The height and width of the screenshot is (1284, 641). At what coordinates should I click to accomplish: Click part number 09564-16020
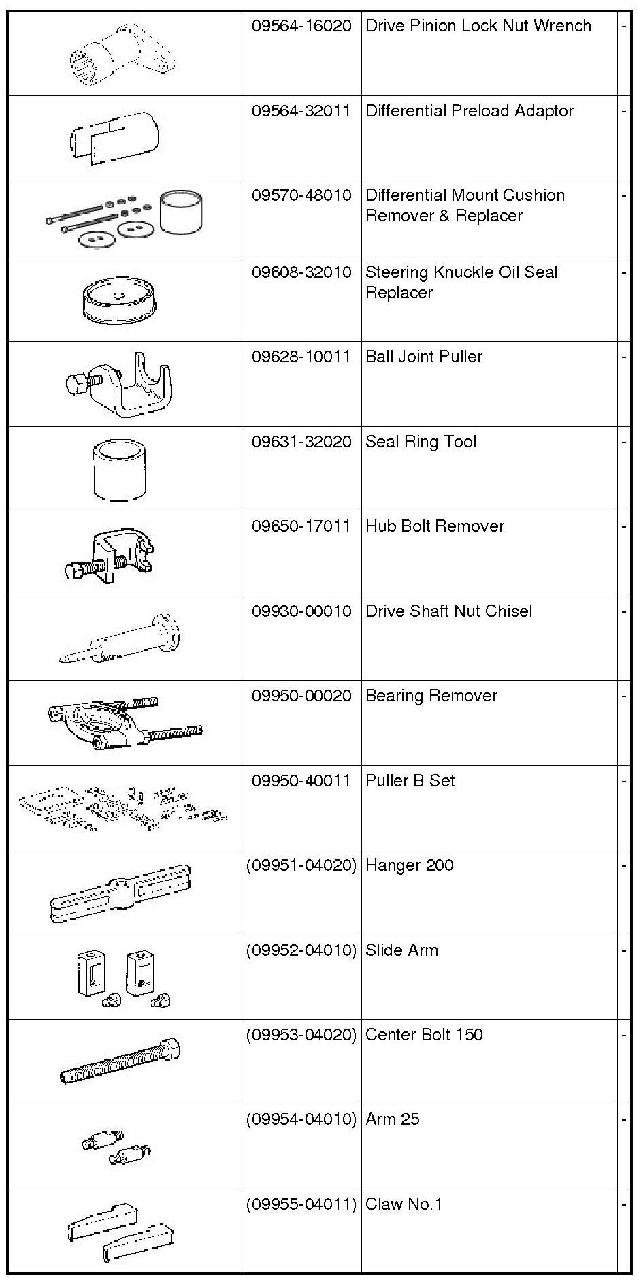coord(301,27)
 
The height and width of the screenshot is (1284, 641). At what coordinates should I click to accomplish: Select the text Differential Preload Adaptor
coord(469,111)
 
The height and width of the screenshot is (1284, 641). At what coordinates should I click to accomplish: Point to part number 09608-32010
coord(301,273)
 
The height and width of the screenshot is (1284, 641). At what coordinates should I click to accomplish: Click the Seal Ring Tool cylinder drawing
coord(119,470)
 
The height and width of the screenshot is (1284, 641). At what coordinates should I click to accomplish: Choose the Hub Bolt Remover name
coord(434,526)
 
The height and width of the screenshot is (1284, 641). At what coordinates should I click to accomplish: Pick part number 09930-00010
coord(301,611)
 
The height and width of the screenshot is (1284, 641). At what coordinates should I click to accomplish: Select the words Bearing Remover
coord(431,696)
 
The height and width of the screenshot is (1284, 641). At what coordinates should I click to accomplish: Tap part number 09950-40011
coord(301,781)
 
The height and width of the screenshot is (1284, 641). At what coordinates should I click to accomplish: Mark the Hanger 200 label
coord(409,865)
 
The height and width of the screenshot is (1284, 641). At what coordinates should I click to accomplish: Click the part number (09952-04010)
coord(301,950)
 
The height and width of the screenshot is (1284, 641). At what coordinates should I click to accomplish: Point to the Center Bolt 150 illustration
coord(120,1062)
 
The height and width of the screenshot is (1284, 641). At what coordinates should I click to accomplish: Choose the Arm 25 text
coord(392,1119)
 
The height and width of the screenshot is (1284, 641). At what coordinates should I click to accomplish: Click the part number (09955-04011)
coord(301,1204)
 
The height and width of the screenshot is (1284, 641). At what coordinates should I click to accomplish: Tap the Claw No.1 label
coord(404,1204)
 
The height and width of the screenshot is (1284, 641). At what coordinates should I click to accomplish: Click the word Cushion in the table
coord(535,195)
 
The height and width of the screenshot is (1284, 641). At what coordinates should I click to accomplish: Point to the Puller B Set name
coord(410,781)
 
